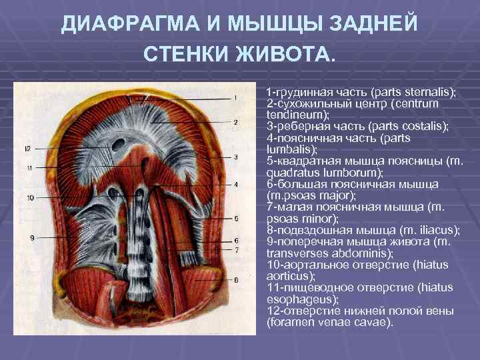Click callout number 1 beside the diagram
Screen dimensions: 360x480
[235, 97]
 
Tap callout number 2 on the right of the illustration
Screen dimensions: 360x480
[235, 123]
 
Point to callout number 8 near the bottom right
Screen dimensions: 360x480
[236, 281]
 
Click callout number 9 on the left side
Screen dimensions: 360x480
[32, 238]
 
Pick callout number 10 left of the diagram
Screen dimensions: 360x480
[31, 197]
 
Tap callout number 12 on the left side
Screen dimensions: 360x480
[27, 147]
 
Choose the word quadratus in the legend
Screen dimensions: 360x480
[290, 172]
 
